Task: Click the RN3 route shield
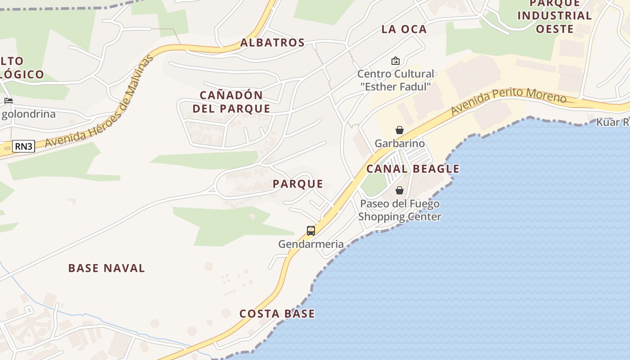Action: tap(23, 146)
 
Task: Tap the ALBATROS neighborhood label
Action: tap(273, 43)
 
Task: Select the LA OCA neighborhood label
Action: tap(404, 29)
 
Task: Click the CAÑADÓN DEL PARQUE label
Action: tap(231, 102)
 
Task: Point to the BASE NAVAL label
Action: tap(107, 268)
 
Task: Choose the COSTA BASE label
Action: tap(277, 314)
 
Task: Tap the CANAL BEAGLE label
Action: tap(413, 169)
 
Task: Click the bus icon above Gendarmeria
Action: tap(310, 231)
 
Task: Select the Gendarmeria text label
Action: tap(311, 244)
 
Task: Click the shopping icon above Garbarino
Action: tap(399, 130)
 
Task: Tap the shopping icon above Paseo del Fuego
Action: tap(399, 190)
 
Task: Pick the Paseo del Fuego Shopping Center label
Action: tap(400, 210)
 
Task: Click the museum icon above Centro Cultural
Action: tap(396, 60)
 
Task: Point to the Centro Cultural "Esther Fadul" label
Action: tap(396, 80)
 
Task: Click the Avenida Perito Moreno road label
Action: tap(508, 101)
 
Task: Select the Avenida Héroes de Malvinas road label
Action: tap(99, 103)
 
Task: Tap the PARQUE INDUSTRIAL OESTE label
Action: tap(554, 16)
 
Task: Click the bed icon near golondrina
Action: tap(8, 100)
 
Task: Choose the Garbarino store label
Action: tap(400, 144)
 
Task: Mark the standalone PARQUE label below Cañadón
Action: tap(298, 184)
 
